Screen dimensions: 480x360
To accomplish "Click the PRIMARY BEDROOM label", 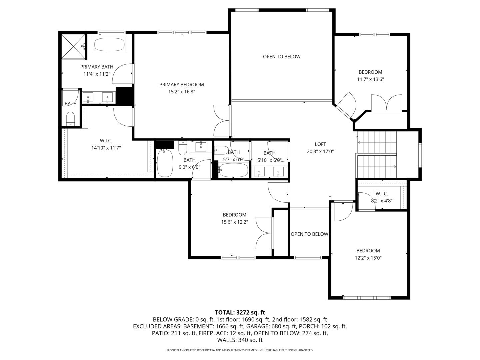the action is [x=181, y=85].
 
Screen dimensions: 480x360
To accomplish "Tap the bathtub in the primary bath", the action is [x=109, y=44].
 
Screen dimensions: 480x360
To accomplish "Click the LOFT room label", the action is [x=320, y=144].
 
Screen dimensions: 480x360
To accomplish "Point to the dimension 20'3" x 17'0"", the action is [x=320, y=151].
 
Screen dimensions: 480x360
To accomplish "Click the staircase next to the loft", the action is [x=377, y=155].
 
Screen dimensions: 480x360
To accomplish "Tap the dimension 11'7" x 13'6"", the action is [x=370, y=79].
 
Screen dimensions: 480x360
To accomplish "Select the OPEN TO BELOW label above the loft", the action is [x=282, y=57].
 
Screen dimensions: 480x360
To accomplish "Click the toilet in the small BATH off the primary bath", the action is [x=70, y=118].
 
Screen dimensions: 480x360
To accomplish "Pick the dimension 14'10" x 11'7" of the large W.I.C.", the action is [x=106, y=148].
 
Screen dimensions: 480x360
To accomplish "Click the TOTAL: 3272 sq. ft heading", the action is [x=240, y=312].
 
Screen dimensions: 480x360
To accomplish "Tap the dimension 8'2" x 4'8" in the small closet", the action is [x=382, y=201].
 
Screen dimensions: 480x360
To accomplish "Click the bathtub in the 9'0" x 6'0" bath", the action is [x=165, y=163].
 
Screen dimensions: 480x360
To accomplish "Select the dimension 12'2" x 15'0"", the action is [x=368, y=258].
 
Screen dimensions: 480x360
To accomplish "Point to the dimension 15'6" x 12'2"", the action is [x=234, y=222].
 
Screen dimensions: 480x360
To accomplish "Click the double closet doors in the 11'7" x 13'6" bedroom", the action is [x=387, y=103].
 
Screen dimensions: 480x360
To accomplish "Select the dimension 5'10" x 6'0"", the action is [x=269, y=160].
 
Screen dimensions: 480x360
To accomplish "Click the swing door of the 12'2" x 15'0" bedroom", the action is [x=343, y=211].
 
